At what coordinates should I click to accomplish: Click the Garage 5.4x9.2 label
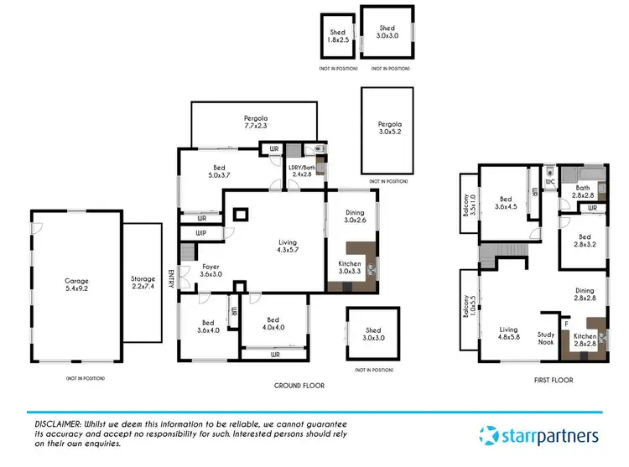tap(77, 285)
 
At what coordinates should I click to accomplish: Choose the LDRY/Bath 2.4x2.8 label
tap(300, 171)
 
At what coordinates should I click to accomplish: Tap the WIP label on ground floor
tap(200, 232)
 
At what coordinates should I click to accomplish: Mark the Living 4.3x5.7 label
tap(288, 247)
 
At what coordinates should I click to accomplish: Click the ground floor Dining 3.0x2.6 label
tap(355, 217)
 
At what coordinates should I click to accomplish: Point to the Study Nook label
tap(546, 338)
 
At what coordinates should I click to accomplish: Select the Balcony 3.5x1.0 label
tap(470, 205)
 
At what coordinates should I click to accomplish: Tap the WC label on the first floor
tap(550, 181)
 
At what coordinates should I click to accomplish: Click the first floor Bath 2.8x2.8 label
tap(582, 190)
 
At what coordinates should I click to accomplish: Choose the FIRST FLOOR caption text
tap(553, 380)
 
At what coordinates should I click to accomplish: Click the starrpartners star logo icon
tap(491, 435)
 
